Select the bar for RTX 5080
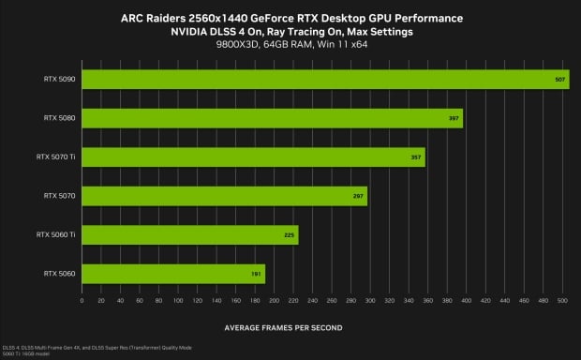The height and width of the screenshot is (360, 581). [273, 118]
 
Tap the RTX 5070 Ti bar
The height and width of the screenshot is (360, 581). [254, 157]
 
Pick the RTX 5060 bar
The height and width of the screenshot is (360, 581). [173, 273]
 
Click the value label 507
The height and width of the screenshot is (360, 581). [560, 80]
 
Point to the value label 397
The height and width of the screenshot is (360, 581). [454, 118]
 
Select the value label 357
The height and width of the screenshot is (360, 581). [416, 157]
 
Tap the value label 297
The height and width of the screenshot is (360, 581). [358, 196]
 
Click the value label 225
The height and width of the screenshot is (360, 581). [289, 234]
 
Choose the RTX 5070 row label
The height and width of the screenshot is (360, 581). [59, 196]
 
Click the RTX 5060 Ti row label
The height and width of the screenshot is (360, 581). [55, 234]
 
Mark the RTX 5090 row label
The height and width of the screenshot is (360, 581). [59, 80]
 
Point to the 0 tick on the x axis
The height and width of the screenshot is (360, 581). [82, 302]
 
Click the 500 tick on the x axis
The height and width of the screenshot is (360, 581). [562, 302]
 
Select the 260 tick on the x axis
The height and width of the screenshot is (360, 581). [332, 302]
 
